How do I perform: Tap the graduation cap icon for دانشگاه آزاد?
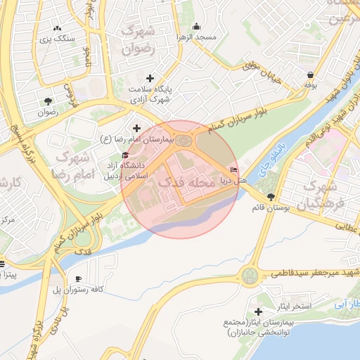(x=126, y=155)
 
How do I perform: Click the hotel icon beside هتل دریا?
(x=234, y=169)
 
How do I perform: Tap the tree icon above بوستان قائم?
(x=271, y=196)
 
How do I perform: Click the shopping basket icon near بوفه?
(x=310, y=74)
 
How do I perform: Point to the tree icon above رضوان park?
(x=47, y=101)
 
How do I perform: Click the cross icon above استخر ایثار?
(x=259, y=311)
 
